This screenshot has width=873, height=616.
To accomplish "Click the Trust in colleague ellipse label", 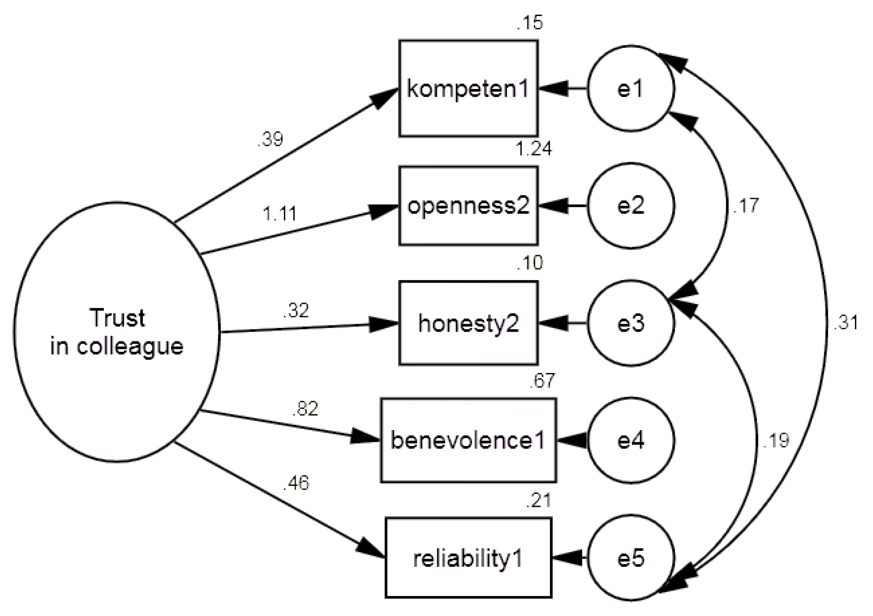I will [117, 332].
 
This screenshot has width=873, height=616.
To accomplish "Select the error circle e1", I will [631, 88].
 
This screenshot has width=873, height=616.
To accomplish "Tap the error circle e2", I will [631, 206].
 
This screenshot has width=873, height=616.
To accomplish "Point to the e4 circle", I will [631, 441].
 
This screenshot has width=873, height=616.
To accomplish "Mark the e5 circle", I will [631, 558].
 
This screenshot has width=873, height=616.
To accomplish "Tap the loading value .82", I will [305, 409].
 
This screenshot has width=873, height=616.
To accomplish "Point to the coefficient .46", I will [296, 483].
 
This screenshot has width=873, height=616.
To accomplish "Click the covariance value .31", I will [845, 323].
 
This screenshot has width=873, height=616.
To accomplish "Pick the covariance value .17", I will [746, 206].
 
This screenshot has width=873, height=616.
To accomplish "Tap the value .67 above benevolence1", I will [542, 380].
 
